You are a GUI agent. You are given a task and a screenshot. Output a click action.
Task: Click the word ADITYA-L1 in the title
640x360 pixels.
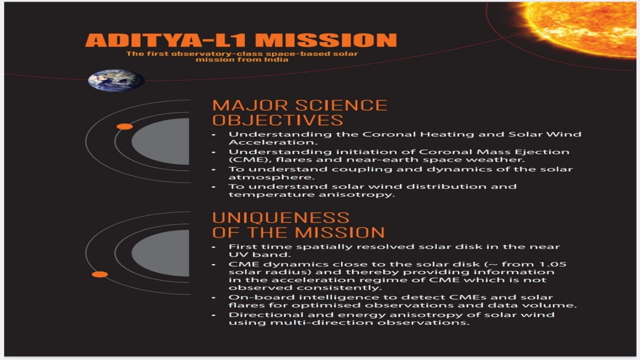[x=165, y=40]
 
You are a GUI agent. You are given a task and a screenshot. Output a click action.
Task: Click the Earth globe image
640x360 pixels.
[x=116, y=81]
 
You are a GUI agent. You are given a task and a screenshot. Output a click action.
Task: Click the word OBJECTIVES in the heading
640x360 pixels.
[x=277, y=120]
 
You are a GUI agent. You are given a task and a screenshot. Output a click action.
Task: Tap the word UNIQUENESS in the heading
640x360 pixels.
[x=281, y=218]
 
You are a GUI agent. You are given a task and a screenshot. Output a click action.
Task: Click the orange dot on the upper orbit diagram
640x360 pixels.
[x=125, y=126]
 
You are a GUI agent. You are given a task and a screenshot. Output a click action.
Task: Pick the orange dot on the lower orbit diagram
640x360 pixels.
[x=100, y=274]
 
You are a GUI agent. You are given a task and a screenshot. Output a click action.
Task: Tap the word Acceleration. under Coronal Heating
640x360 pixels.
[x=273, y=142]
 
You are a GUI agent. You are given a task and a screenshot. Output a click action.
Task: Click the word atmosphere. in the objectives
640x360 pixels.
[x=271, y=177]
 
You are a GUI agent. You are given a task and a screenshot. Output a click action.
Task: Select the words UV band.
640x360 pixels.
[x=260, y=254]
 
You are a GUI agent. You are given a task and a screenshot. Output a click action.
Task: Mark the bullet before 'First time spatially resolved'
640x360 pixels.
[x=214, y=247]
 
